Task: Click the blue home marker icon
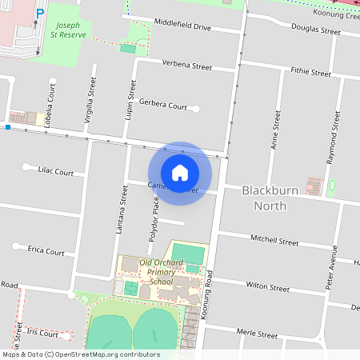180,172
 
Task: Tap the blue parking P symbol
39,13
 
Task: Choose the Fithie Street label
311,73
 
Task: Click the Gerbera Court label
162,106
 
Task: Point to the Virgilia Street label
90,102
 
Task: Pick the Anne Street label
277,130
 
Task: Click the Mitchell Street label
274,241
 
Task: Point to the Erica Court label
46,251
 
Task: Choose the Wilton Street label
267,286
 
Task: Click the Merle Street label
258,331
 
